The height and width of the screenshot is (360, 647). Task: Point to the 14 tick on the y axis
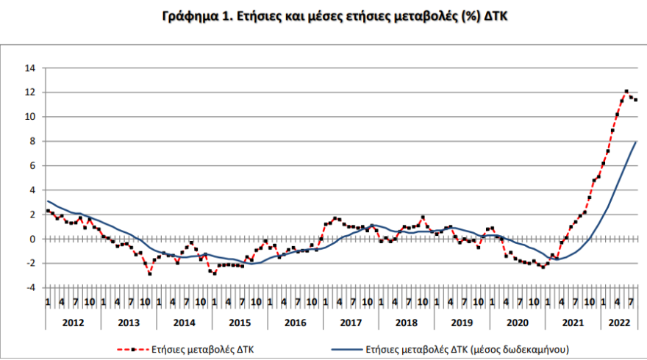click(30, 68)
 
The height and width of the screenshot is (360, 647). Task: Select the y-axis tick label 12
click(30, 93)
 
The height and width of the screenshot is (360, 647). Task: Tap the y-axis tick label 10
click(30, 117)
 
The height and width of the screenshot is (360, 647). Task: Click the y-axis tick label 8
click(32, 141)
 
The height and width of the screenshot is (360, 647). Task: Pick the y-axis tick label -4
click(30, 288)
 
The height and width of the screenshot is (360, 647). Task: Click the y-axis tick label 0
click(32, 239)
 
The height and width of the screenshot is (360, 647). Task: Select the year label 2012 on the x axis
click(72, 323)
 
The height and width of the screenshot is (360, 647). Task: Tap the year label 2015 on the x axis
click(239, 323)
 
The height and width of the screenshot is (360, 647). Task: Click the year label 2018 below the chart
click(406, 323)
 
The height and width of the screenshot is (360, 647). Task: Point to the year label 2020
click(517, 323)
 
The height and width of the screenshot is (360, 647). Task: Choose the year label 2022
click(619, 323)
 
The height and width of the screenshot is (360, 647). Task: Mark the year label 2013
click(128, 323)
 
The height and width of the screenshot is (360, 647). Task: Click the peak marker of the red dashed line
click(626, 92)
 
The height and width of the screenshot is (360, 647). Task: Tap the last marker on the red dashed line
click(635, 100)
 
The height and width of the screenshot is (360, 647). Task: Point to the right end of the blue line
click(636, 142)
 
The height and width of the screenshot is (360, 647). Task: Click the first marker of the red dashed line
click(48, 211)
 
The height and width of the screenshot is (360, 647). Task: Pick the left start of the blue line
click(48, 201)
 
